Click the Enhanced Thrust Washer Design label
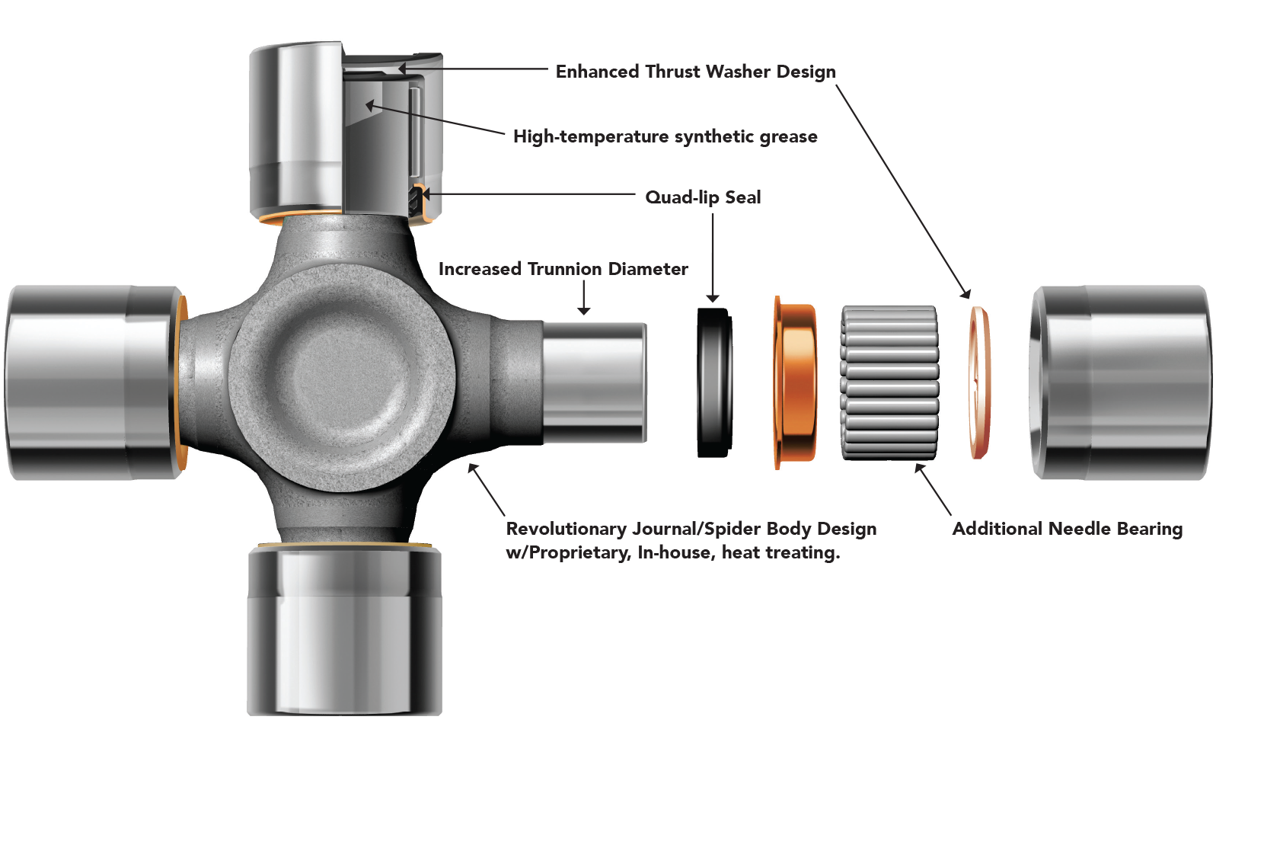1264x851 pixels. pyautogui.click(x=695, y=72)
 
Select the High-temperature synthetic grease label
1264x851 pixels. pyautogui.click(x=665, y=136)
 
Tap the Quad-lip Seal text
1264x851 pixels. pyautogui.click(x=703, y=197)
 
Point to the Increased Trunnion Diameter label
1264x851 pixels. pyautogui.click(x=563, y=269)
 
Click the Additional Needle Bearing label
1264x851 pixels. pyautogui.click(x=1067, y=529)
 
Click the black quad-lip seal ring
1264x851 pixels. pyautogui.click(x=714, y=382)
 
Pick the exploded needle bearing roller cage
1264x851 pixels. pyautogui.click(x=889, y=382)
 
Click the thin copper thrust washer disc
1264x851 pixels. pyautogui.click(x=980, y=382)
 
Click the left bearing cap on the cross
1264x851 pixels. pyautogui.click(x=91, y=382)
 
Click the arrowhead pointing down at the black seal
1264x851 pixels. pyautogui.click(x=713, y=298)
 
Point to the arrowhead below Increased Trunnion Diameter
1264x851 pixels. pyautogui.click(x=584, y=310)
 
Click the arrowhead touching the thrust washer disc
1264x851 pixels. pyautogui.click(x=966, y=293)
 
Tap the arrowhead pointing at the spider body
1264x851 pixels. pyautogui.click(x=473, y=469)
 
